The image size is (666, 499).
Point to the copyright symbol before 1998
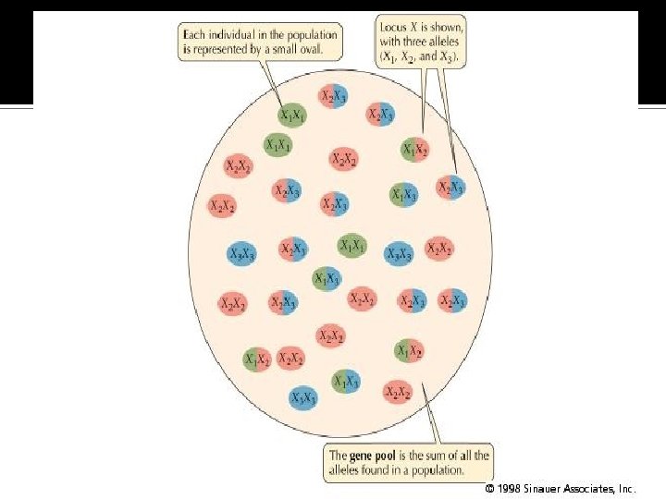pyautogui.click(x=488, y=487)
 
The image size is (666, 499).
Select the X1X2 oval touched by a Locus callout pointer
pyautogui.click(x=415, y=147)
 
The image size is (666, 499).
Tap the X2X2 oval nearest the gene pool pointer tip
pyautogui.click(x=398, y=393)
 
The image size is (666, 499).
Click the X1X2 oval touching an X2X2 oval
pyautogui.click(x=257, y=359)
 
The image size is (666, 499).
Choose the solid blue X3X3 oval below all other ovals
pyautogui.click(x=302, y=398)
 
